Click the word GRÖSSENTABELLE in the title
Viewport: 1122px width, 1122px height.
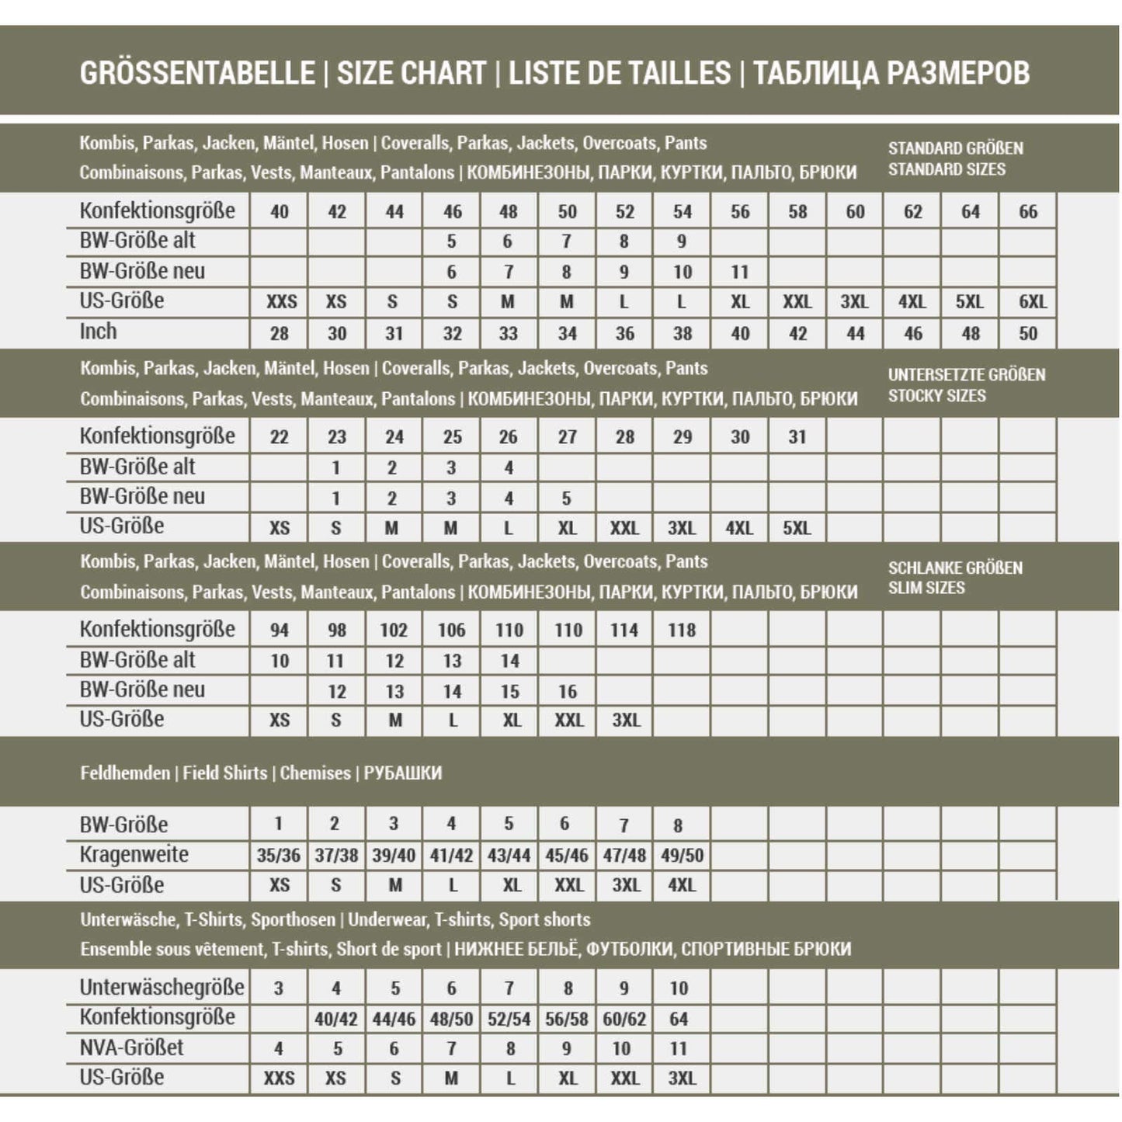pyautogui.click(x=197, y=73)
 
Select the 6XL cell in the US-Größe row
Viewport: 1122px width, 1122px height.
pyautogui.click(x=1032, y=302)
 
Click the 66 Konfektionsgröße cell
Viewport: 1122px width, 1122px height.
pyautogui.click(x=1027, y=211)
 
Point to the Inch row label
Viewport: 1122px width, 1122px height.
pyautogui.click(x=99, y=332)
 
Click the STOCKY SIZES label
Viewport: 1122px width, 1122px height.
pyautogui.click(x=936, y=396)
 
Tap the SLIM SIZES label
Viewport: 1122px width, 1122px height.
pyautogui.click(x=926, y=588)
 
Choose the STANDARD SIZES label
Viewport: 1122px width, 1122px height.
pyautogui.click(x=947, y=169)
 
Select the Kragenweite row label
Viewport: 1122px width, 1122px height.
pyautogui.click(x=134, y=855)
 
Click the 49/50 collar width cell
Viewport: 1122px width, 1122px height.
pyautogui.click(x=682, y=856)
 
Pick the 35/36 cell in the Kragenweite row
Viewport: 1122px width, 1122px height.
pyautogui.click(x=279, y=856)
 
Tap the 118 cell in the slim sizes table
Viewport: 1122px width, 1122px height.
pyautogui.click(x=682, y=630)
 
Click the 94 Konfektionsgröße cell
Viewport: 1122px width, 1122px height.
pyautogui.click(x=279, y=630)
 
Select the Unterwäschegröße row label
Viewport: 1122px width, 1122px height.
pyautogui.click(x=162, y=988)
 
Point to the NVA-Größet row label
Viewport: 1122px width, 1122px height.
pyautogui.click(x=131, y=1047)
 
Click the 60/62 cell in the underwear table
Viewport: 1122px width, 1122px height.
pyautogui.click(x=624, y=1019)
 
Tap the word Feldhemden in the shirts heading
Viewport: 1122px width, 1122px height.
pyautogui.click(x=125, y=773)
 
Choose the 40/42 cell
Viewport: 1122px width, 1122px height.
pyautogui.click(x=336, y=1019)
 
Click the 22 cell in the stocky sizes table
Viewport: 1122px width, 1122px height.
pyautogui.click(x=279, y=437)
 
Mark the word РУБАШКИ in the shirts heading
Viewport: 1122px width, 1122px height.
pyautogui.click(x=403, y=773)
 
